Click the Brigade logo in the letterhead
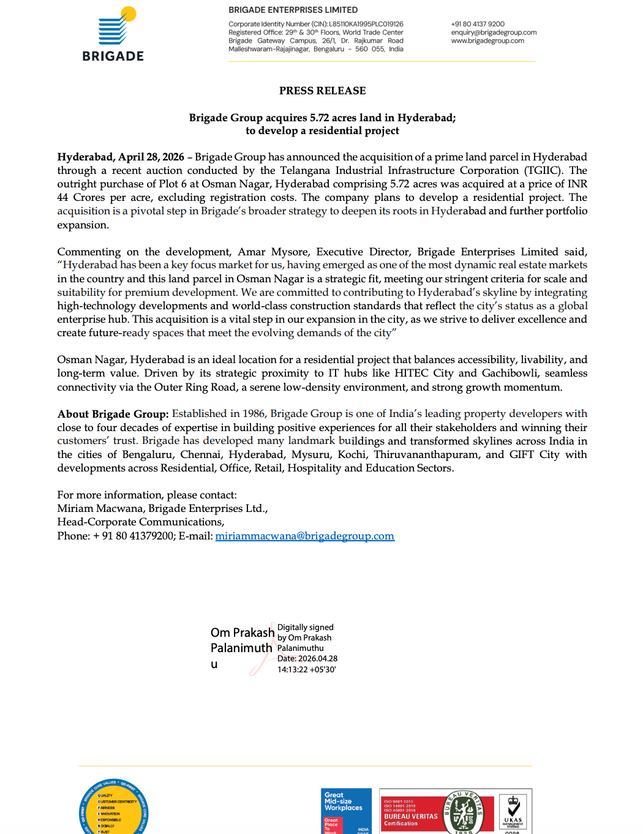[113, 34]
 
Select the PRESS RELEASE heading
[322, 91]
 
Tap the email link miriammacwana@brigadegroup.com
[304, 536]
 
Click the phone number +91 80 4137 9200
[478, 24]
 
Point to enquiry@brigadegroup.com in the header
[494, 32]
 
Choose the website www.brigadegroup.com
[487, 41]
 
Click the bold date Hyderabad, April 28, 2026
[121, 157]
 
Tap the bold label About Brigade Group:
[113, 414]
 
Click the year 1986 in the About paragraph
[254, 414]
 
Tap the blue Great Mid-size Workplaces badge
[346, 811]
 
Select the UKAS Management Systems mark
[513, 811]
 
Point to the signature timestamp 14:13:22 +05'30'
[306, 669]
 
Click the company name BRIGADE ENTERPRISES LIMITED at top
[293, 10]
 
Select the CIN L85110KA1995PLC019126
[366, 24]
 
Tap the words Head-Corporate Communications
[140, 522]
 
